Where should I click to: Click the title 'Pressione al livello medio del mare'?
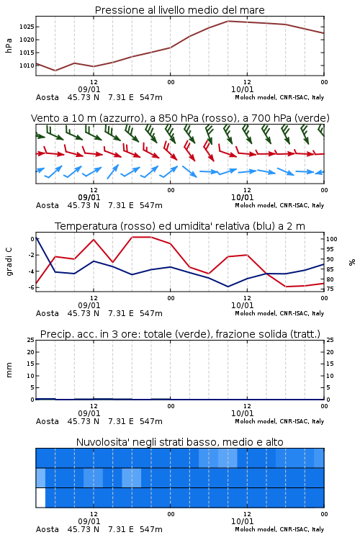coord(179,10)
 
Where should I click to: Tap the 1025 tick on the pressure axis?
coord(27,27)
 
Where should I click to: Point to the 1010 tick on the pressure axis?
coord(27,66)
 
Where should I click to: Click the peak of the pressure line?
coord(228,21)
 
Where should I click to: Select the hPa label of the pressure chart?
coord(9,45)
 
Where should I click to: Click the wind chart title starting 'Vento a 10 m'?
coord(180,118)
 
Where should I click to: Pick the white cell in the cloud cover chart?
coord(40,498)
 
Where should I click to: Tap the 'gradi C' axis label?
coord(9,262)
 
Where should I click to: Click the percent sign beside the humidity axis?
coord(352,262)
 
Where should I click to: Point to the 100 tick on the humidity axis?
coord(332,239)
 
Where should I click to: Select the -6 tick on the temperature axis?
coord(31,287)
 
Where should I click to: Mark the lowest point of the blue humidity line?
coord(228,287)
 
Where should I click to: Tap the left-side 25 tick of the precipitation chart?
coord(31,340)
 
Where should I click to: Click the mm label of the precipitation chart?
coord(9,370)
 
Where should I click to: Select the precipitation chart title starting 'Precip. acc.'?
coord(180,334)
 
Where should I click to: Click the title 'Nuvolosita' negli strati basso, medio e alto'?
coord(179,442)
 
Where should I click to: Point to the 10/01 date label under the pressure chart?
coord(242,89)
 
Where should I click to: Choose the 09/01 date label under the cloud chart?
coord(89,521)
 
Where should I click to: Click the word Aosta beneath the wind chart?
coord(48,205)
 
